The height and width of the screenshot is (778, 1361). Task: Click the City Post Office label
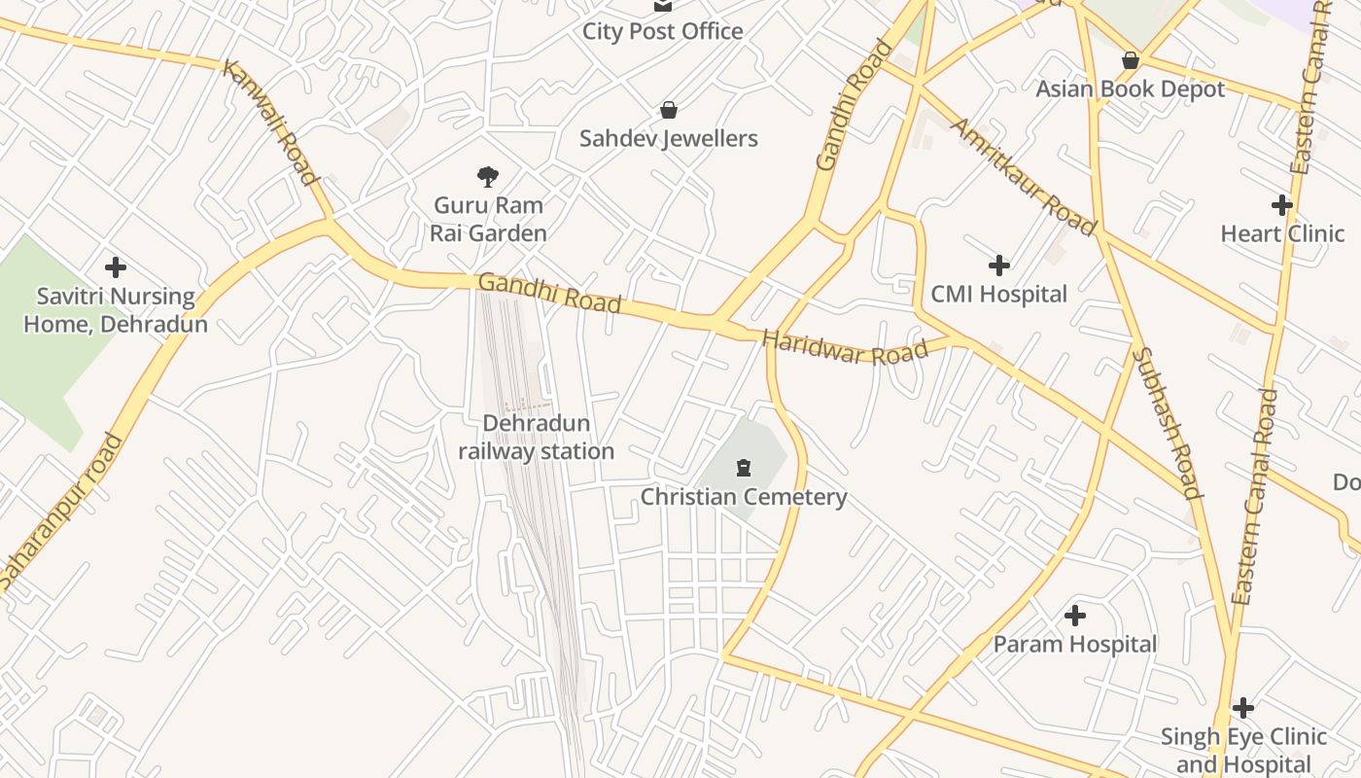click(662, 31)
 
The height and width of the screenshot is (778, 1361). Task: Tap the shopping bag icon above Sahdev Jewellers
click(668, 110)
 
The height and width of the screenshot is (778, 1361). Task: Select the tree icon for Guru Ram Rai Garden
click(488, 176)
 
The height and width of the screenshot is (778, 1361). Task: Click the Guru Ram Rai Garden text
click(488, 219)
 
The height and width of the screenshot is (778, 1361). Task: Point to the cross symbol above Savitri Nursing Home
click(116, 267)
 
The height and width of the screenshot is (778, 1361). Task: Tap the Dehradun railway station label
click(536, 438)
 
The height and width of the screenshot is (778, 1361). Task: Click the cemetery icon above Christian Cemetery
click(744, 468)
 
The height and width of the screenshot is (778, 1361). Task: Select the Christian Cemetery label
click(744, 497)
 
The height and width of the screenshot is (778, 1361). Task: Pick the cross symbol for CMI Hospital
click(998, 265)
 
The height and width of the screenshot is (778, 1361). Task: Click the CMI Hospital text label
click(998, 294)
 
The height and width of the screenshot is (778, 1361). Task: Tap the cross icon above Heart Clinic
click(1282, 205)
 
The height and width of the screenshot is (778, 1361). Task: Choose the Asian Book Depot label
click(1130, 89)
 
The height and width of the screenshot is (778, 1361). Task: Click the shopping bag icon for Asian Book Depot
click(1130, 60)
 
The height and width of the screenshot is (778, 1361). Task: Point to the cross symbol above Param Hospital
click(1074, 616)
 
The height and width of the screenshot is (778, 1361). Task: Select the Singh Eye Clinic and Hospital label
click(1243, 751)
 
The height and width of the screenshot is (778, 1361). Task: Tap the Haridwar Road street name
click(845, 348)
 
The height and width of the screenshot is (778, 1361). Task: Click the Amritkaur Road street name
click(1023, 176)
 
